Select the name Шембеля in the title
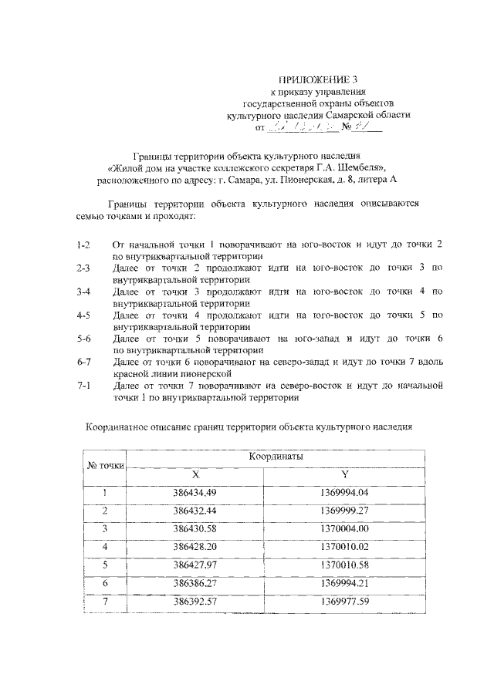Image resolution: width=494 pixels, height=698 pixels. pyautogui.click(x=355, y=167)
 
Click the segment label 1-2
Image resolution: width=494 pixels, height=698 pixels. pyautogui.click(x=84, y=244)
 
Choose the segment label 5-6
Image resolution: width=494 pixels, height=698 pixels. pyautogui.click(x=84, y=339)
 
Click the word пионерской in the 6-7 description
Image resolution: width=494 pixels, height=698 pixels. pyautogui.click(x=201, y=373)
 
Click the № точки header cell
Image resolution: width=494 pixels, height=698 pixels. pyautogui.click(x=106, y=466)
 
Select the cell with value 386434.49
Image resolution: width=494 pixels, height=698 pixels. pyautogui.click(x=195, y=493)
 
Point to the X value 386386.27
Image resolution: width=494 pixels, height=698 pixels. pyautogui.click(x=195, y=584)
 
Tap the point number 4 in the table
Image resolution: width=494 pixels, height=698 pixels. pyautogui.click(x=106, y=548)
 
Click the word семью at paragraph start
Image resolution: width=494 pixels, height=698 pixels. pyautogui.click(x=94, y=217)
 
